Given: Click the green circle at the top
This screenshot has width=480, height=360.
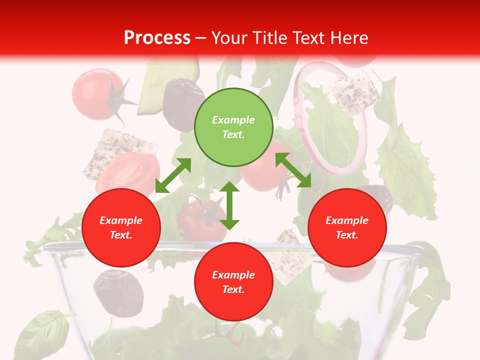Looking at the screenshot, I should tap(233, 127).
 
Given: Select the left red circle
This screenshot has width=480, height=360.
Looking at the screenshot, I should tap(121, 228).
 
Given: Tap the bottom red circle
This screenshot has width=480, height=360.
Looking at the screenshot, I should tap(233, 282).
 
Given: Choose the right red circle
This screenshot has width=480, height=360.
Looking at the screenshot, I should tap(347, 228).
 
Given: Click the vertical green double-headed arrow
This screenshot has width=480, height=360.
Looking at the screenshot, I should tap(229, 205).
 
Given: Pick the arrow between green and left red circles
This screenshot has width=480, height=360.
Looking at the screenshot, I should tap(173, 175).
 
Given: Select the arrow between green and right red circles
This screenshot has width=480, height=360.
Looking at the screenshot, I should tap(293, 170).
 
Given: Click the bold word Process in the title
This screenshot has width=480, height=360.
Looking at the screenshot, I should tap(157, 38).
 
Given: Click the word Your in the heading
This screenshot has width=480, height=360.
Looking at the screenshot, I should tap(228, 38).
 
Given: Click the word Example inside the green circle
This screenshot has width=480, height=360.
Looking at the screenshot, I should tap(233, 120).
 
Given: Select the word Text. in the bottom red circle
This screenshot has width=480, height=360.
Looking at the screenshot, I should tap(233, 289).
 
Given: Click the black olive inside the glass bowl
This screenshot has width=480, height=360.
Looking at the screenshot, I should tap(118, 292).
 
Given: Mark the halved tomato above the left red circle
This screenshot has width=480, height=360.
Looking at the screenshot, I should tap(129, 172).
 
